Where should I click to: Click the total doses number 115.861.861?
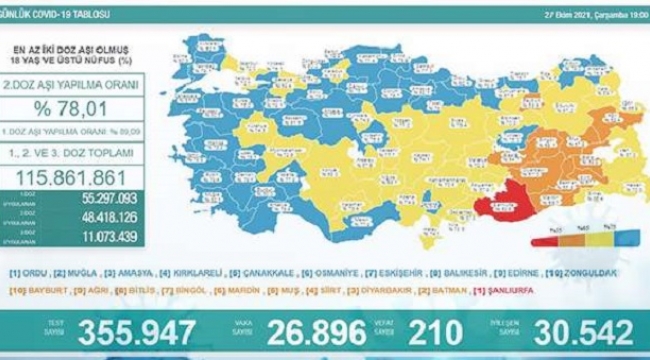point(73,175)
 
